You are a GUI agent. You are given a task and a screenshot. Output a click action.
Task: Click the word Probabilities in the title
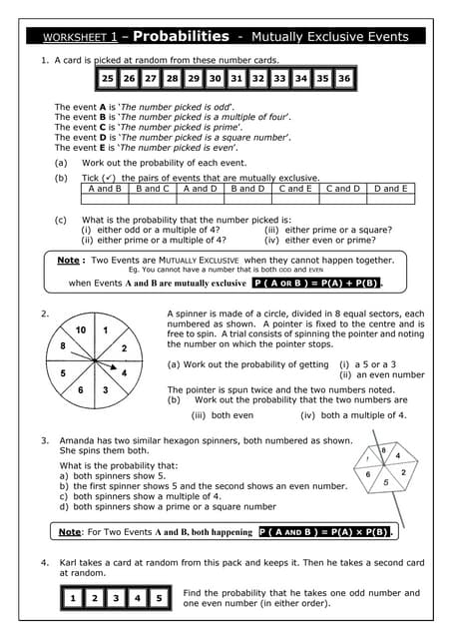coord(180,36)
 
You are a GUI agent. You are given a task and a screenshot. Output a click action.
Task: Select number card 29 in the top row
coord(193,78)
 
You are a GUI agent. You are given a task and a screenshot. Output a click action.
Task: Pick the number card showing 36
coord(343,78)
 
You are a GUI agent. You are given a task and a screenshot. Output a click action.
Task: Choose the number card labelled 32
coord(257,78)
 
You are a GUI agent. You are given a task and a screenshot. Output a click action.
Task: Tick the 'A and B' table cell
coord(105,188)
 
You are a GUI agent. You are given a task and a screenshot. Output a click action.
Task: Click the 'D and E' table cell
coord(389,188)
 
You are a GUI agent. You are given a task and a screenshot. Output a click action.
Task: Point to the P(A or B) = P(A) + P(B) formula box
coord(315,283)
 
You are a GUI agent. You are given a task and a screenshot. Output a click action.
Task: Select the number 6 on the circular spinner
coord(81,388)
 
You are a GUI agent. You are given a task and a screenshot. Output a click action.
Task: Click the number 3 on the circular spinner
coord(105,389)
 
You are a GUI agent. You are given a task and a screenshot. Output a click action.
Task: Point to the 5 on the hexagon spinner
coord(386,482)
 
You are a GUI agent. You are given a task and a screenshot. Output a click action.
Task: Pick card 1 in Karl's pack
coord(73,598)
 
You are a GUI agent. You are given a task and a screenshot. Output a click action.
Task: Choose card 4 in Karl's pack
coord(138,598)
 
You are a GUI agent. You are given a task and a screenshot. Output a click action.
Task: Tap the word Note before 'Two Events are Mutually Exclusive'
coord(68,260)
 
